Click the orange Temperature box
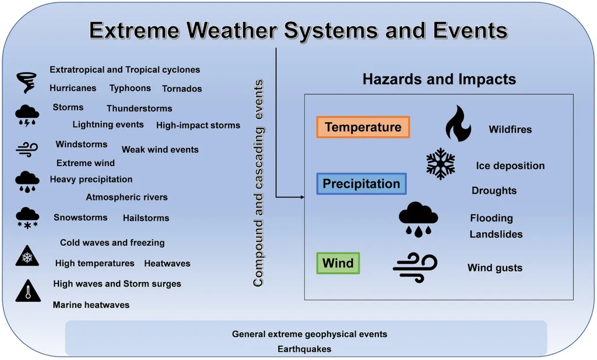pos(363,127)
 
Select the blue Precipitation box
pos(361,184)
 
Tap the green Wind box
pos(338,263)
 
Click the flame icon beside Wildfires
pos(458,124)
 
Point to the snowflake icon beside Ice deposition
pos(441,164)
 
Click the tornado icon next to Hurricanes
pos(26,82)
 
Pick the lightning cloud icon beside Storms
pos(27,116)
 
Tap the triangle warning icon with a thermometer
pos(28,291)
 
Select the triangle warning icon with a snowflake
pos(27,256)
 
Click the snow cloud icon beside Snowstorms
pos(27,218)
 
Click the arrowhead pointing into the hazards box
pos(303,197)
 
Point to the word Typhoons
pos(130,88)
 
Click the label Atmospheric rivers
pos(127,197)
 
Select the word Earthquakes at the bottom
pos(304,349)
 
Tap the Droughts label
pos(494,190)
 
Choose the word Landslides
pos(496,234)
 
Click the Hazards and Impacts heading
pos(440,79)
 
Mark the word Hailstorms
pos(146,218)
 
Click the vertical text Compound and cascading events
pos(258,183)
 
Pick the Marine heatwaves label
pos(91,305)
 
